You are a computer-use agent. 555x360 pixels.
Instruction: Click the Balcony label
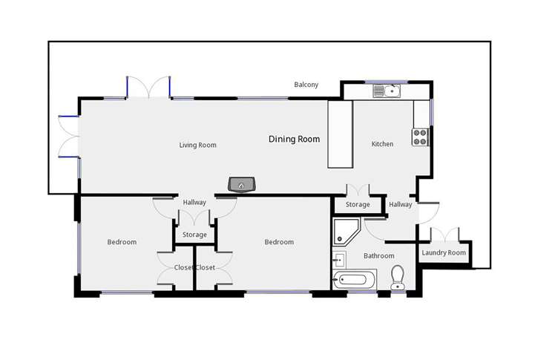(x=306, y=85)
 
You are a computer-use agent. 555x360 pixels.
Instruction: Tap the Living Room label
(x=197, y=145)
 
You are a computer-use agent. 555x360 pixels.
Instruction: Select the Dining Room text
(x=294, y=139)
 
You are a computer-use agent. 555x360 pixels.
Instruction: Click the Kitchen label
(x=382, y=144)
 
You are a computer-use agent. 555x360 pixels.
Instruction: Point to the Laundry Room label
(x=444, y=253)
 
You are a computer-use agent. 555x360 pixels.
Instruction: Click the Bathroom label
(x=378, y=256)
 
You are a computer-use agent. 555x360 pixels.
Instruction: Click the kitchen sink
(x=387, y=92)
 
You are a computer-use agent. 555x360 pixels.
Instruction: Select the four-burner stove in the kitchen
(x=421, y=137)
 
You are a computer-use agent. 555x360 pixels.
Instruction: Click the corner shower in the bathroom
(x=346, y=231)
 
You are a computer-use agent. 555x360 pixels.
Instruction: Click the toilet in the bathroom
(x=398, y=276)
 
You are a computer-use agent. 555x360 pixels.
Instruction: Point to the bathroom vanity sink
(x=339, y=259)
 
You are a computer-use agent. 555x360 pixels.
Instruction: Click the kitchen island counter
(x=339, y=134)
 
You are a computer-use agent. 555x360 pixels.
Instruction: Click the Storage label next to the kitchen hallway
(x=358, y=205)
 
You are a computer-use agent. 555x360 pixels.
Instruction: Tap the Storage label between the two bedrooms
(x=195, y=235)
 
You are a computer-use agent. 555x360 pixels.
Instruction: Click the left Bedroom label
(x=122, y=242)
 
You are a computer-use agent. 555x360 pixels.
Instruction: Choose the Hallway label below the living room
(x=194, y=202)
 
